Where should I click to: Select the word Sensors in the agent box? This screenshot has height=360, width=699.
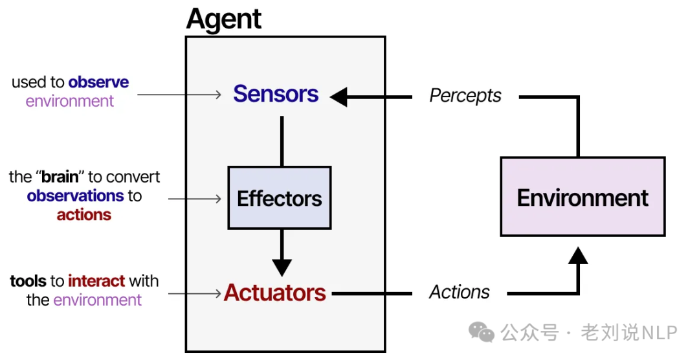276,94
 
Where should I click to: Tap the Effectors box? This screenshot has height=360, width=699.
280,198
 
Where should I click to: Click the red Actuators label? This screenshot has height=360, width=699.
275,293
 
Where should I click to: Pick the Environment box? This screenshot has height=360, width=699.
582,197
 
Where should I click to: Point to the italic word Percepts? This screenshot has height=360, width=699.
465,96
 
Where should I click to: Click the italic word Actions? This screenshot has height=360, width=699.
460,292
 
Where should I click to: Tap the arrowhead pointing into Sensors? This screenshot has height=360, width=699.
339,97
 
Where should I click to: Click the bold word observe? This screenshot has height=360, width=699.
98,82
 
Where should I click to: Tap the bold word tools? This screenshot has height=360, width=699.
28,281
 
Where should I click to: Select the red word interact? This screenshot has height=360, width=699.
96,281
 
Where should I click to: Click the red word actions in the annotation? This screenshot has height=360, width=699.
83,215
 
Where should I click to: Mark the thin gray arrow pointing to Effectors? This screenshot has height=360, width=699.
195,199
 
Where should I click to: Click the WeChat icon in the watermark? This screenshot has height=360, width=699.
482,332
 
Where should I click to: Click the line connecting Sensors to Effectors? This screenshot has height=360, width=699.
282,141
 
